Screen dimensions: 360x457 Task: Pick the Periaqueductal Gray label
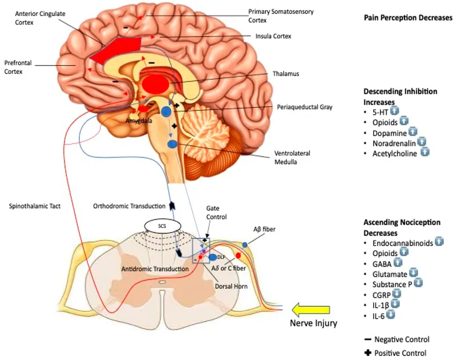click(x=304, y=107)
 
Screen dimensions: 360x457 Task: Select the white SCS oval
click(x=162, y=226)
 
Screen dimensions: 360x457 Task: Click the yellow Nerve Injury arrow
click(x=311, y=310)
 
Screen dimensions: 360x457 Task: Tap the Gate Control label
click(x=217, y=214)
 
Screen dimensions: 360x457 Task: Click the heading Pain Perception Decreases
click(x=408, y=18)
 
